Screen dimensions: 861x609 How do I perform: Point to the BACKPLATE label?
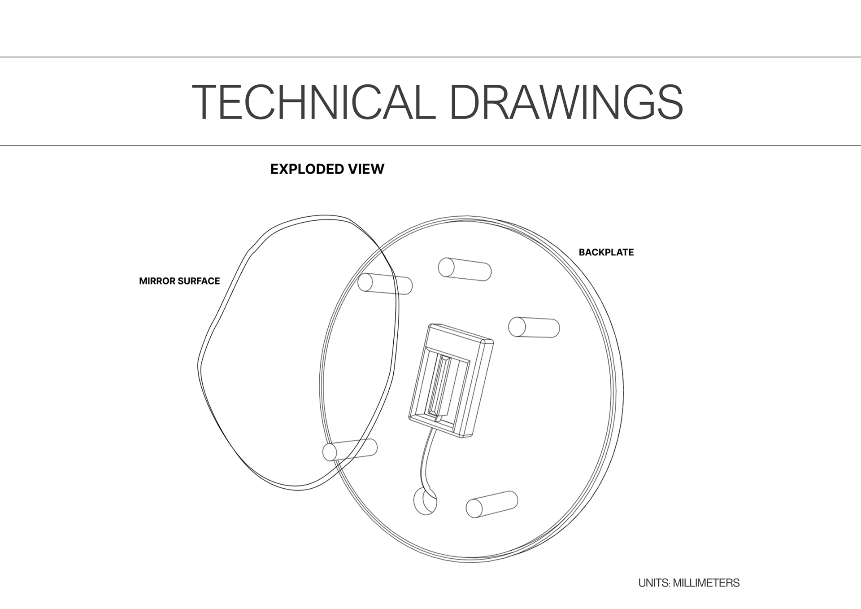pyautogui.click(x=606, y=252)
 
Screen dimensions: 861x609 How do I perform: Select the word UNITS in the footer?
pyautogui.click(x=653, y=583)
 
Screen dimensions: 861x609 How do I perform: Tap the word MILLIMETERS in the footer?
pyautogui.click(x=706, y=583)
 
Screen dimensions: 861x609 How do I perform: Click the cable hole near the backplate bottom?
pyautogui.click(x=424, y=502)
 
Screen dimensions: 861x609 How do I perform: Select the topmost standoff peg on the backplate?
pyautogui.click(x=465, y=269)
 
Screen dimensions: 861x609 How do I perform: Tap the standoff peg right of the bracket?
pyautogui.click(x=534, y=327)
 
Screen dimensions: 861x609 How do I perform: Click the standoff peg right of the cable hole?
pyautogui.click(x=492, y=504)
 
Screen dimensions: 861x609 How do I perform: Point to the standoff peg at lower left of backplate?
pyautogui.click(x=350, y=450)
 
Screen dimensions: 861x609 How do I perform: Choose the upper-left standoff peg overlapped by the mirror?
pyautogui.click(x=385, y=284)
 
